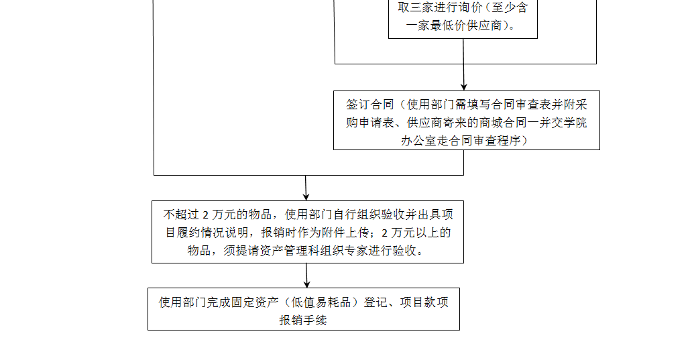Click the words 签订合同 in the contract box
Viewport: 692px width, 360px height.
370,105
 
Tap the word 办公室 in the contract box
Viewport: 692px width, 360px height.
419,141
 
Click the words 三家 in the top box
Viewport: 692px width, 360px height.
422,7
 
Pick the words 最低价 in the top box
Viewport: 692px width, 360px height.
448,25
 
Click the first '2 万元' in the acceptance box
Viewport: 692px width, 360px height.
219,215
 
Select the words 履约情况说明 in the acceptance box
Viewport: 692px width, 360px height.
213,233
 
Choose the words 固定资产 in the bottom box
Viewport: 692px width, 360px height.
255,302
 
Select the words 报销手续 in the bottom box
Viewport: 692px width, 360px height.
303,320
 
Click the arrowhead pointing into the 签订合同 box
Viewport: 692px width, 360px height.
464,86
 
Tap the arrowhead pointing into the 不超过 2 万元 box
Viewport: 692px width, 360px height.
306,196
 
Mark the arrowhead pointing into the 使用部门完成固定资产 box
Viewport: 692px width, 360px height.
307,284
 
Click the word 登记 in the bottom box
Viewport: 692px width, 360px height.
376,302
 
